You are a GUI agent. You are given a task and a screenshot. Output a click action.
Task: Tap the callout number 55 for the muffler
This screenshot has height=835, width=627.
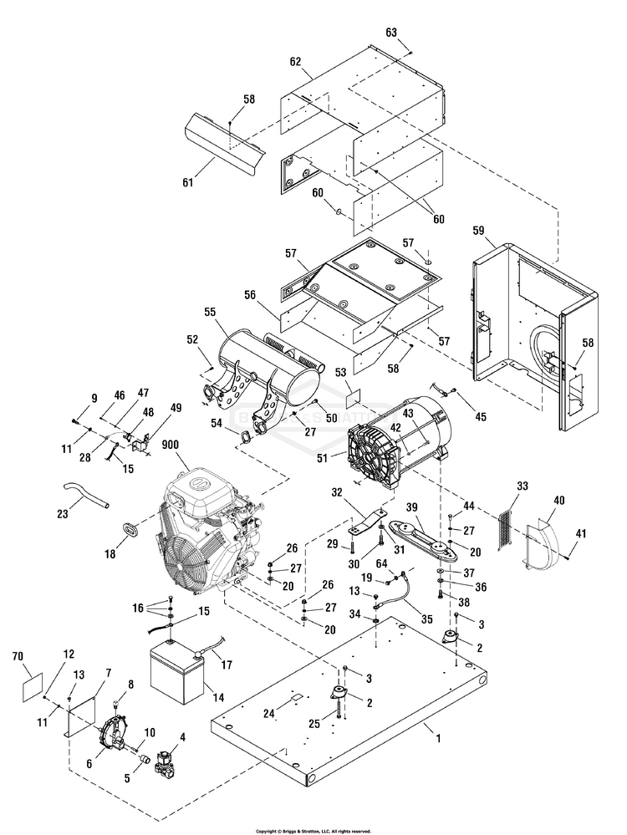pos(209,312)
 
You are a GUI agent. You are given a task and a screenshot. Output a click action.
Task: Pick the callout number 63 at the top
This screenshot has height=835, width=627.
pos(390,33)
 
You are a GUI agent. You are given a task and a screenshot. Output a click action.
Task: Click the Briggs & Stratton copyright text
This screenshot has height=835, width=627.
pos(313,831)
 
